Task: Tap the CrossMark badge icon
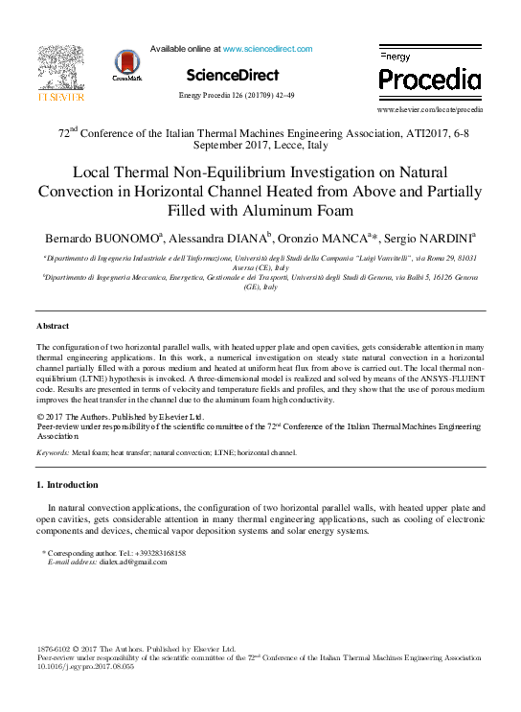(125, 64)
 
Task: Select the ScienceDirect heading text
(233, 75)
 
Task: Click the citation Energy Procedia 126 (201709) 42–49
(237, 95)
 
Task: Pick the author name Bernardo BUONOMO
(102, 237)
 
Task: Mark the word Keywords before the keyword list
(52, 451)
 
